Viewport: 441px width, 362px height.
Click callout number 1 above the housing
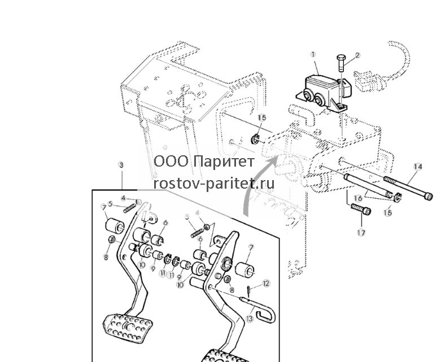click(x=313, y=54)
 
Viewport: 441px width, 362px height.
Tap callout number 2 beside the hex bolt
click(x=357, y=55)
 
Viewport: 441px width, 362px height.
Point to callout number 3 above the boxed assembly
click(x=121, y=165)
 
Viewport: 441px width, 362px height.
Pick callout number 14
click(x=418, y=167)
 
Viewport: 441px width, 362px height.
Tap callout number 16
click(x=358, y=198)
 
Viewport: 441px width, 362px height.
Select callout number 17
click(x=361, y=233)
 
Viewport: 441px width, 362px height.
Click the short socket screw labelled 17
click(x=361, y=209)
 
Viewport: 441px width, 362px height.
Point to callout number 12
click(x=266, y=284)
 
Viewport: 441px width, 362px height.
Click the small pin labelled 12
click(x=249, y=290)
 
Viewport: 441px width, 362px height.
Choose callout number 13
click(x=249, y=319)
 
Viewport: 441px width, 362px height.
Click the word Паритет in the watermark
click(x=224, y=162)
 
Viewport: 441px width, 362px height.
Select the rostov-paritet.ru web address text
click(x=214, y=184)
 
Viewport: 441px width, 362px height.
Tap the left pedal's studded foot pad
click(x=128, y=328)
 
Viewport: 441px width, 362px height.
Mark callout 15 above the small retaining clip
click(x=261, y=117)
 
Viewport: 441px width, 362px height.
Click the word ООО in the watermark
click(x=171, y=162)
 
